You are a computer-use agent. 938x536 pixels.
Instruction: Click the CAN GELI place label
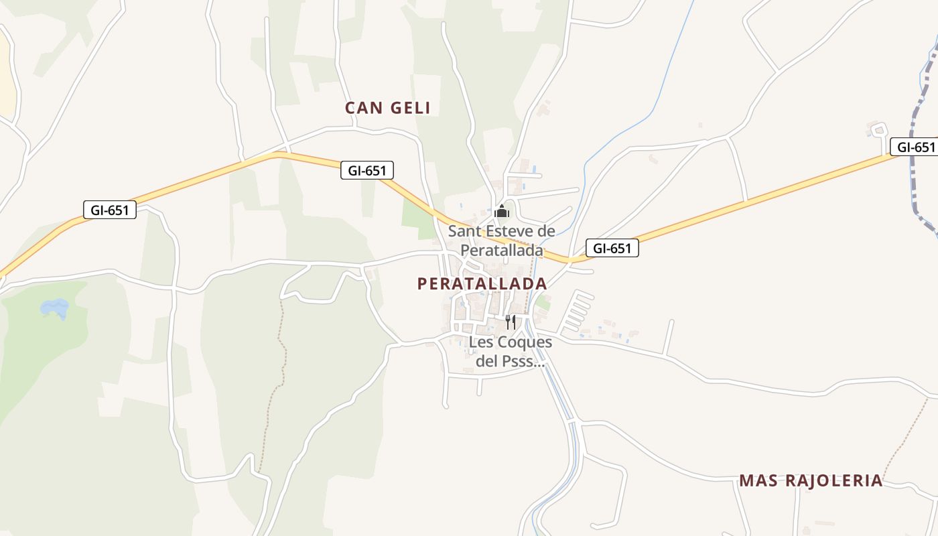[x=387, y=108]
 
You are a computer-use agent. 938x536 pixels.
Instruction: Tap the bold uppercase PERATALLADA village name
[x=482, y=283]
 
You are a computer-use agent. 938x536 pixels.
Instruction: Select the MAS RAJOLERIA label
[x=811, y=480]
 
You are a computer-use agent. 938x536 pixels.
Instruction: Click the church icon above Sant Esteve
[x=501, y=212]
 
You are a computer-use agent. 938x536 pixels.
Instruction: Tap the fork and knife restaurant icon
[x=511, y=322]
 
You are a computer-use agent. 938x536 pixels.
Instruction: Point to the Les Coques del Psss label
[x=510, y=352]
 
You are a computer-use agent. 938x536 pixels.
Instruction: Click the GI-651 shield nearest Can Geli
[x=366, y=170]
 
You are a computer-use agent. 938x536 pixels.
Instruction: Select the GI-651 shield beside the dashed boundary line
[x=913, y=147]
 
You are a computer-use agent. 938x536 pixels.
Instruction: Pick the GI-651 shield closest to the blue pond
[x=110, y=210]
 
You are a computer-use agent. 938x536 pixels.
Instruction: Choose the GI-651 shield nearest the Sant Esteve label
[x=612, y=248]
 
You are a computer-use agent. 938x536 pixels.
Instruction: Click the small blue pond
[x=55, y=308]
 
